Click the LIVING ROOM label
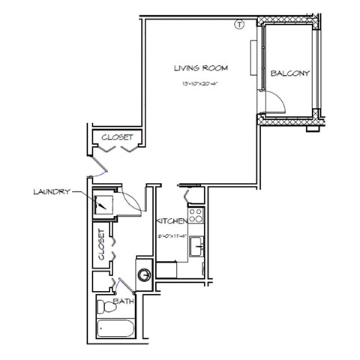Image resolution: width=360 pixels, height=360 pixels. coord(200,68)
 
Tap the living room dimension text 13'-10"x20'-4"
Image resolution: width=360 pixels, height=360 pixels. coord(200,83)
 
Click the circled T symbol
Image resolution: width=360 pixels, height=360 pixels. coord(239,23)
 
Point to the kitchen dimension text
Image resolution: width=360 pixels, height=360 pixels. coord(171,235)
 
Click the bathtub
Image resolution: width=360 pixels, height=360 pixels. coord(118,330)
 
